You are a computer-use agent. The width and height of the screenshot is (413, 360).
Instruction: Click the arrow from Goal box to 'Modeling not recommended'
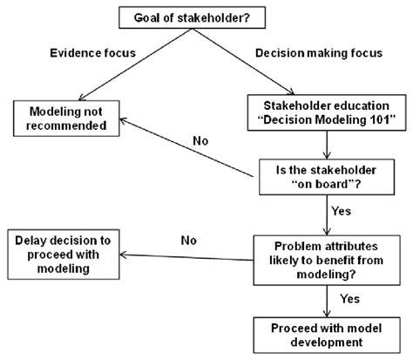pos(131,65)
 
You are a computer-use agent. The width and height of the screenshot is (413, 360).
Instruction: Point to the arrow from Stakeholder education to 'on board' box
pos(325,144)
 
